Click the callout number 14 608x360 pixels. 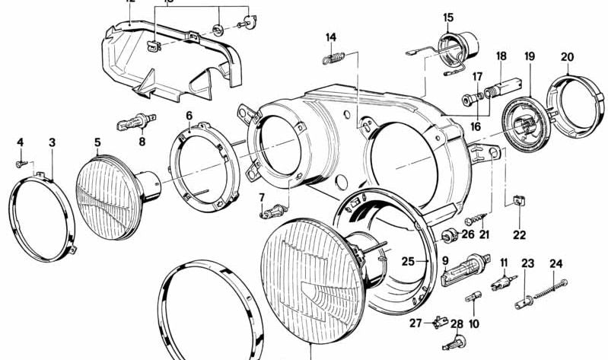[x=330, y=37]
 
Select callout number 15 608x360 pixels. [x=447, y=17]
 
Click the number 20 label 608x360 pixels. [x=568, y=56]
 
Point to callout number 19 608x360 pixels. [x=530, y=56]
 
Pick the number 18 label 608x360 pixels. [x=501, y=56]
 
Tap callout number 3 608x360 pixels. [x=52, y=142]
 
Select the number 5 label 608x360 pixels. [x=97, y=142]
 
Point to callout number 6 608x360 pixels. [x=189, y=116]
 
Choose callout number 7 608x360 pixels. [x=261, y=197]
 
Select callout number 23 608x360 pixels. [x=527, y=264]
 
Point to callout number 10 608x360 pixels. [x=474, y=323]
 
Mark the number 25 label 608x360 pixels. [x=408, y=261]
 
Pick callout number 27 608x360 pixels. [x=415, y=323]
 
